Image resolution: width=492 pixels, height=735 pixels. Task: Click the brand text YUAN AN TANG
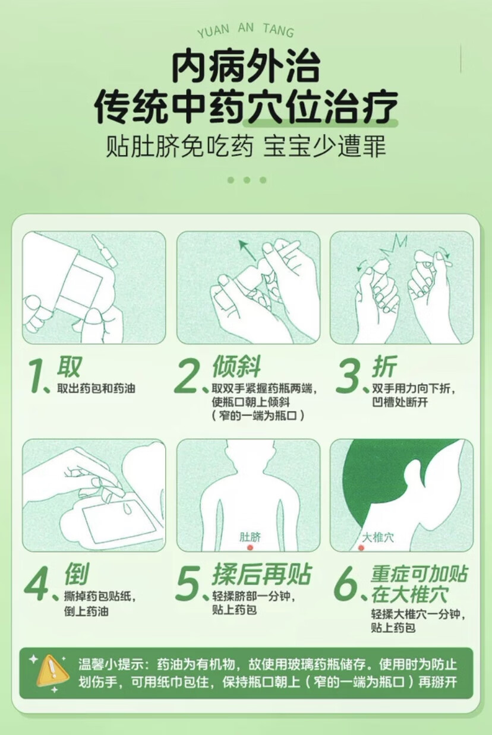point(245,30)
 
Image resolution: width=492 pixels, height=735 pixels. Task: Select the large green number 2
point(186,376)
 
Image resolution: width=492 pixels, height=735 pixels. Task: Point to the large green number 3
point(348,376)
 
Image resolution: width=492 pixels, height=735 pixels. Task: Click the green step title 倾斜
point(236,366)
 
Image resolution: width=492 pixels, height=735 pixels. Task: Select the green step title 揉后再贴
point(261,574)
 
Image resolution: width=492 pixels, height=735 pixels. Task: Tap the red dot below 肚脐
point(250,547)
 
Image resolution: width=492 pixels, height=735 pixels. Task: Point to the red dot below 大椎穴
point(361,547)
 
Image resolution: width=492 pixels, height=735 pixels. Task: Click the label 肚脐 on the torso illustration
point(250,537)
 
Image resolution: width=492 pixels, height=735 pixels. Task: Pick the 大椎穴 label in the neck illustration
point(378,537)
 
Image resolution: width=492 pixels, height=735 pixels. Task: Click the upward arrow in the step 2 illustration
point(248,251)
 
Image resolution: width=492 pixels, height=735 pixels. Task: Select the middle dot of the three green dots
point(247,180)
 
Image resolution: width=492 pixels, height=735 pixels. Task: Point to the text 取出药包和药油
point(96,388)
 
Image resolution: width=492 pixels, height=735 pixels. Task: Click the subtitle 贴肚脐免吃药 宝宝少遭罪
point(246,145)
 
